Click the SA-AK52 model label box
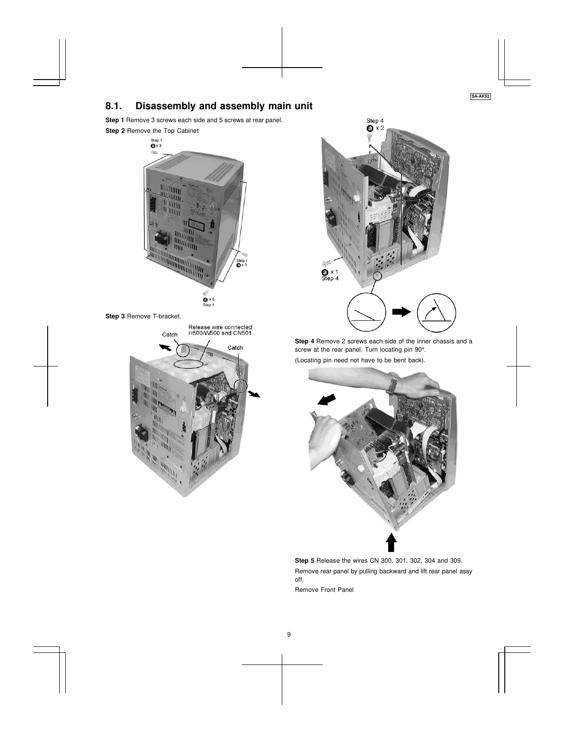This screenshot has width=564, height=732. (481, 97)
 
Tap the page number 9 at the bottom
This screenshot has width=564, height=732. (289, 634)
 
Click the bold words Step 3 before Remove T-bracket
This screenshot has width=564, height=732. (115, 316)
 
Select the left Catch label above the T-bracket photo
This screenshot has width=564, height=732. (170, 335)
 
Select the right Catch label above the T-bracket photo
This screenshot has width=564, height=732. (235, 347)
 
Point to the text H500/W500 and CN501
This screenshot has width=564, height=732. (220, 333)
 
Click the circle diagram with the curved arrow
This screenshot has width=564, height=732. (436, 310)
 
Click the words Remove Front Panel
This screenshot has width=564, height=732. (324, 589)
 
